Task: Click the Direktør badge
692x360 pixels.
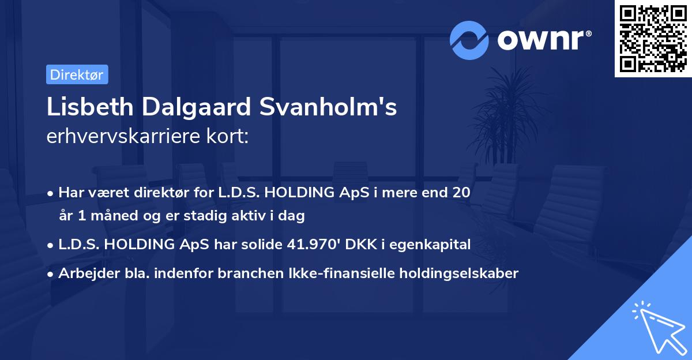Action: pos(77,74)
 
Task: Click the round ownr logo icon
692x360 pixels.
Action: pos(469,40)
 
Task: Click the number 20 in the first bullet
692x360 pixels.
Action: pos(461,193)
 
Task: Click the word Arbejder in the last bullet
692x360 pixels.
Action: pos(83,273)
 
